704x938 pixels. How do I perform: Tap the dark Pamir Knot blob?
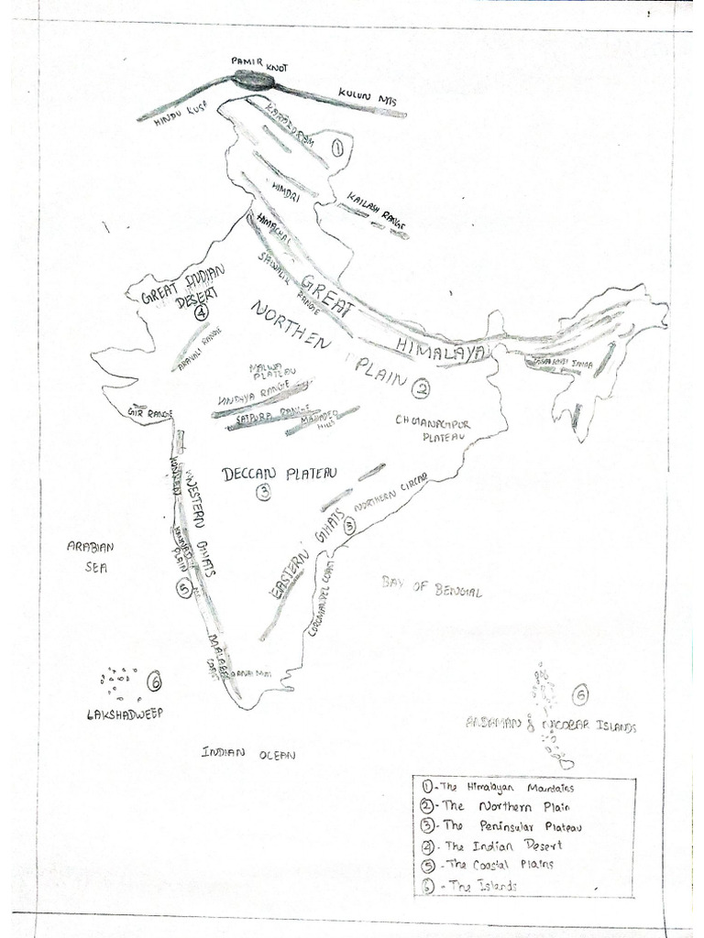click(252, 81)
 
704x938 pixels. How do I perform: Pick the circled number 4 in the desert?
click(201, 311)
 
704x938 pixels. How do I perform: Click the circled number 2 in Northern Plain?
click(421, 388)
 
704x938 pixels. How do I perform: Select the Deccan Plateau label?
click(280, 474)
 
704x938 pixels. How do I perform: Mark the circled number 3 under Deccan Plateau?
click(263, 493)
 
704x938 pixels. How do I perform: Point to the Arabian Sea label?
click(90, 556)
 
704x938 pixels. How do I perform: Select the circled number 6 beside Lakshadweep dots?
click(154, 681)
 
